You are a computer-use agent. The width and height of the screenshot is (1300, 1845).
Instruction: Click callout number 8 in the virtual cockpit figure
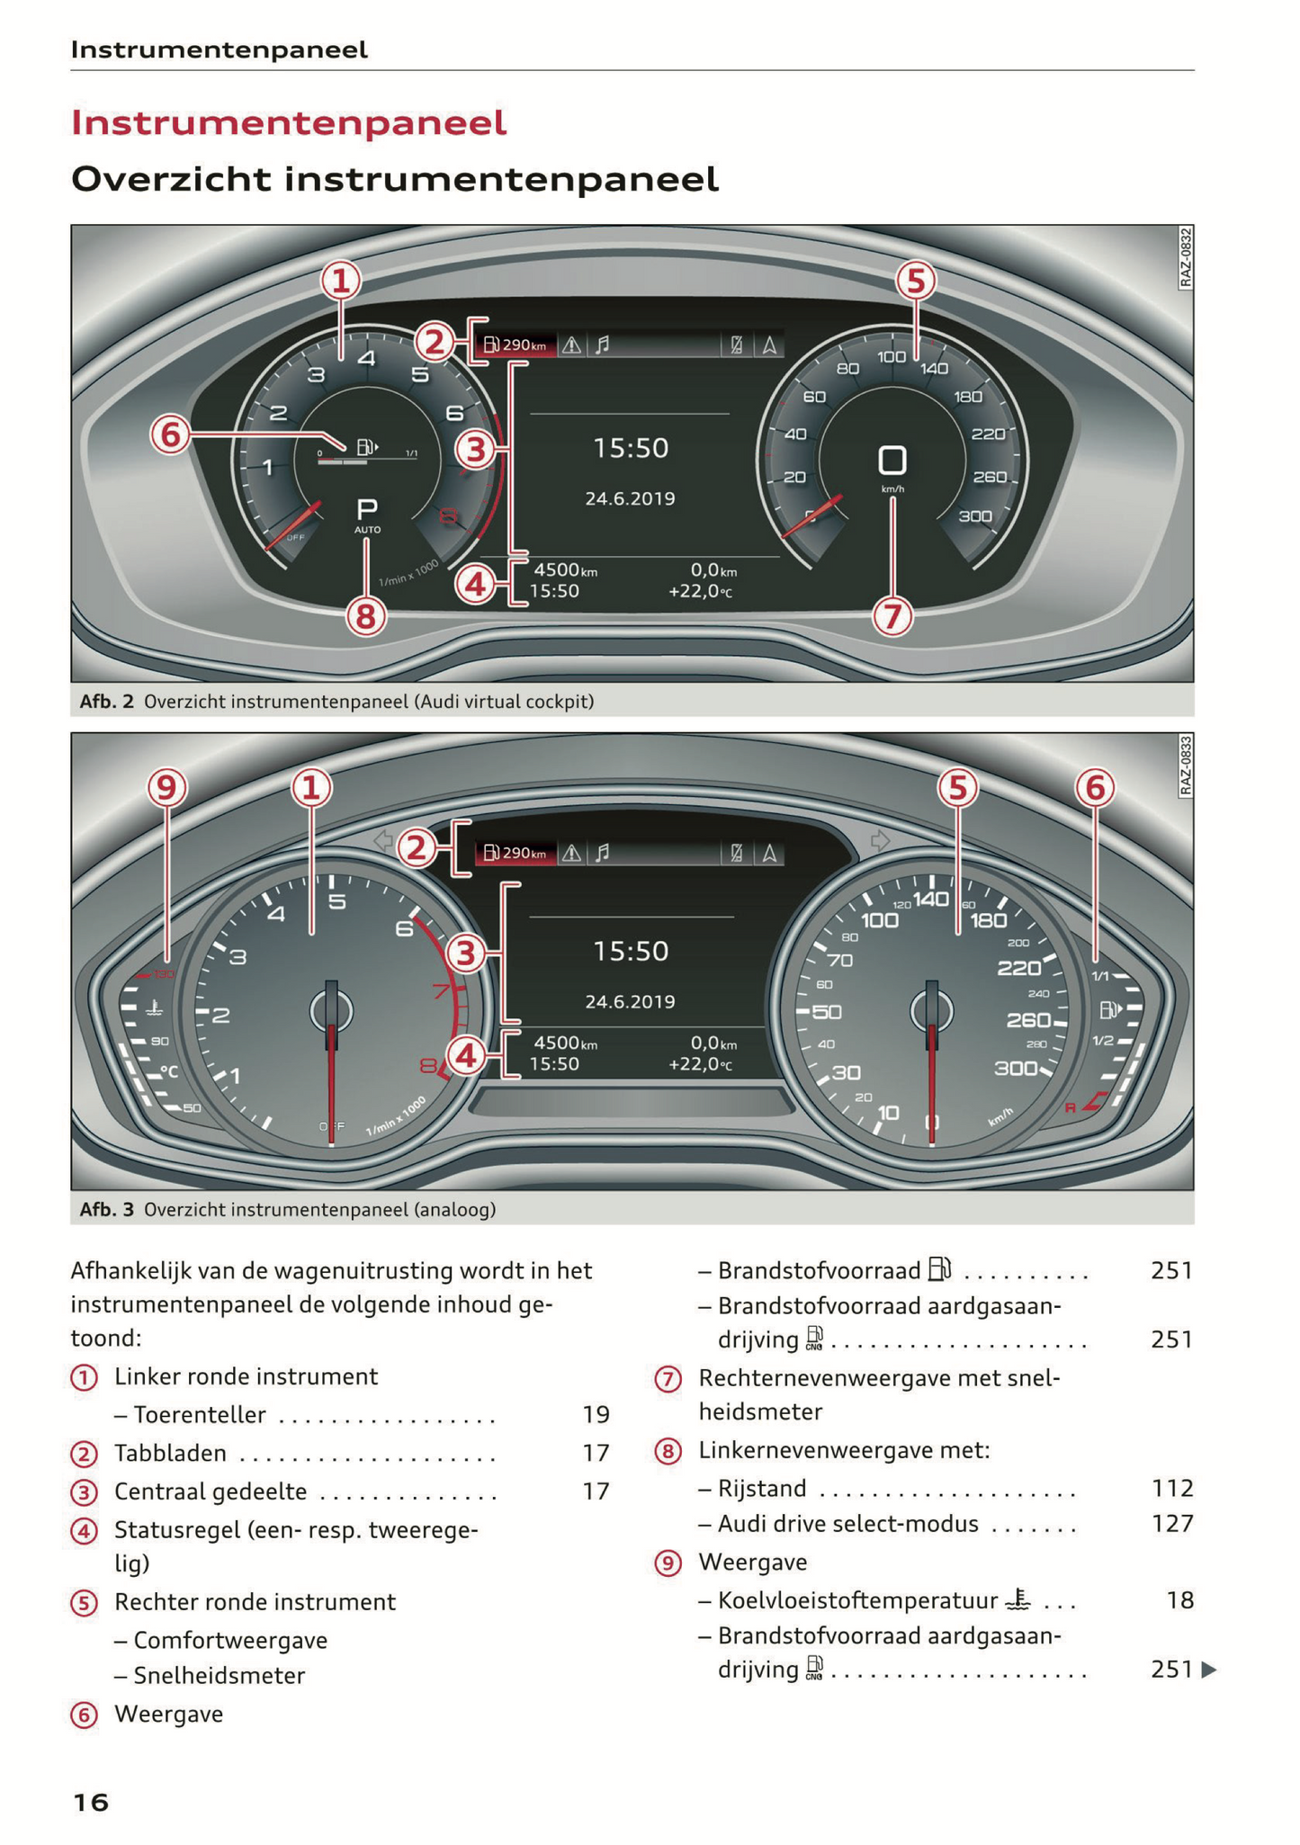click(365, 617)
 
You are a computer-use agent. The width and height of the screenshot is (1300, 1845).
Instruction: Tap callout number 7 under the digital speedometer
click(892, 617)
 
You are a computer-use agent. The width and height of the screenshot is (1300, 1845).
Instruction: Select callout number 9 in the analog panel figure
click(166, 788)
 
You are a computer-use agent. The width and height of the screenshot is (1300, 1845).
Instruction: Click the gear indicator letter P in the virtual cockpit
click(367, 510)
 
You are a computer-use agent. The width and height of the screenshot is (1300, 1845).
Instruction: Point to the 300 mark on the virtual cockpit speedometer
click(975, 516)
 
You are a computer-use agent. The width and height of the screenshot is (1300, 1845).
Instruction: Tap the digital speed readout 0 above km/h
click(892, 461)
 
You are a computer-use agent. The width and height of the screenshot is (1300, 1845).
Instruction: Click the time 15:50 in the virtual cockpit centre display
click(631, 448)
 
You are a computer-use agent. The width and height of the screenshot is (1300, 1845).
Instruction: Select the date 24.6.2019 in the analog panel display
click(630, 1001)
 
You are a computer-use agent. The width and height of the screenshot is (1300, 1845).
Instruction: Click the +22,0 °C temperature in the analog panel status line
click(700, 1064)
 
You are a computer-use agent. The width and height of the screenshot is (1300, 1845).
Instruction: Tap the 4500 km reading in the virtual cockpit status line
click(565, 570)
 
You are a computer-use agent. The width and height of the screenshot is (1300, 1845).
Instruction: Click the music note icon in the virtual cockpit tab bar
click(603, 345)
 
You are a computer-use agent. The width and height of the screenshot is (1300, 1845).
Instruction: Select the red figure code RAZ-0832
click(1186, 258)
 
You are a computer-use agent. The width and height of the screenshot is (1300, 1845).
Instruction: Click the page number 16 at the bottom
click(90, 1802)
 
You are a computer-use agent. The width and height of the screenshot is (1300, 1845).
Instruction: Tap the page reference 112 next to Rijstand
click(1172, 1488)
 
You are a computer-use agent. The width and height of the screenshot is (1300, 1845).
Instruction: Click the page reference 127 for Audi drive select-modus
click(1172, 1523)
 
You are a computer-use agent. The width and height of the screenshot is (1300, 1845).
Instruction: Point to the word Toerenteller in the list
click(200, 1415)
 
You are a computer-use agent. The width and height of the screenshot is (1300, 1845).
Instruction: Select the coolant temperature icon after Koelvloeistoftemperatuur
click(1018, 1599)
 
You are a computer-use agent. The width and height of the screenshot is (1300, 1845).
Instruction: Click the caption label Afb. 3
click(106, 1209)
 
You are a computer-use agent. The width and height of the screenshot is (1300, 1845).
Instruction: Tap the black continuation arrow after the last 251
click(1209, 1670)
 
